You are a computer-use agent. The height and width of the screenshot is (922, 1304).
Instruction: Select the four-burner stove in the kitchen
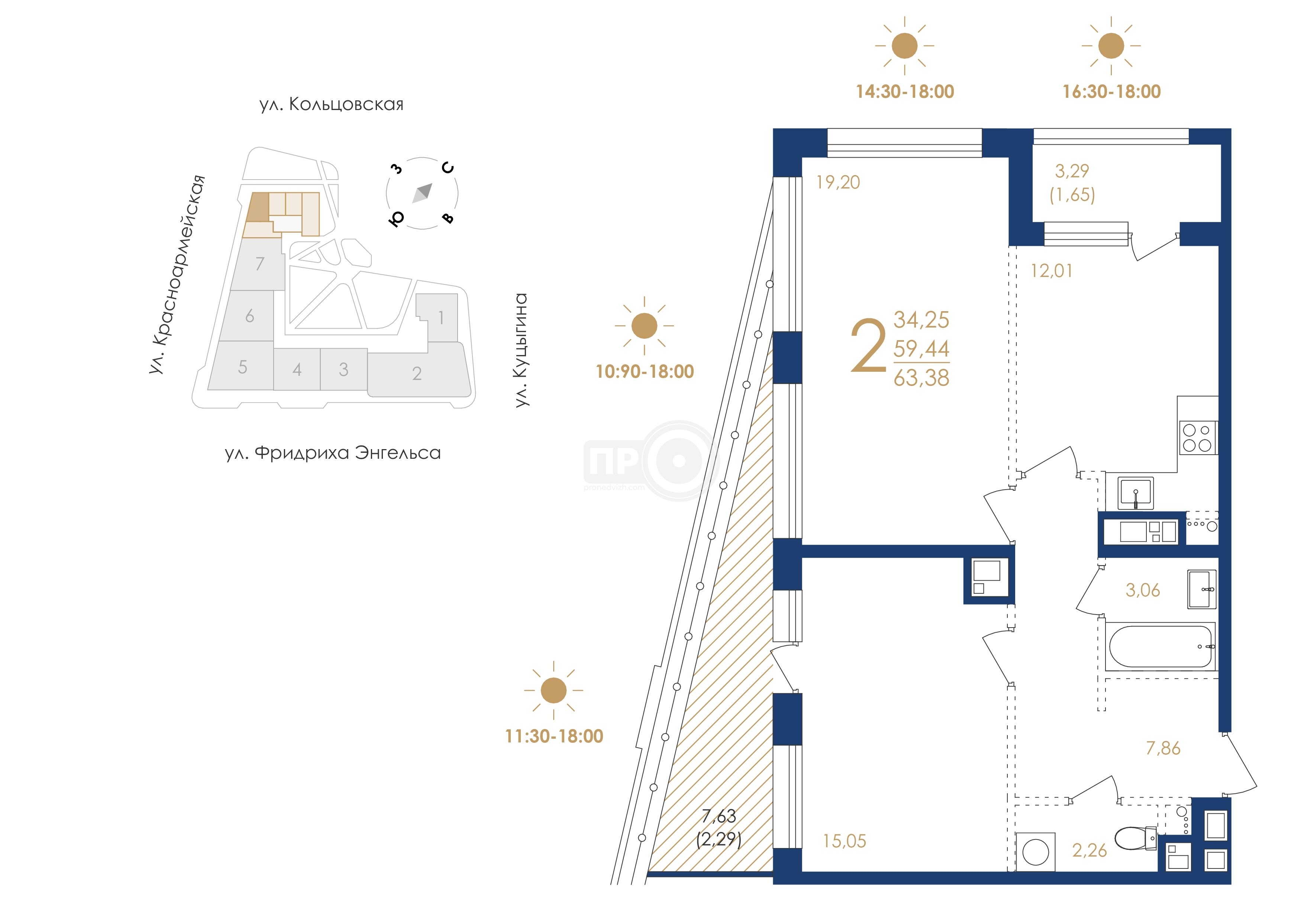[1198, 438]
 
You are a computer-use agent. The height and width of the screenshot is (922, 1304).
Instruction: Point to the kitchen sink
[1135, 493]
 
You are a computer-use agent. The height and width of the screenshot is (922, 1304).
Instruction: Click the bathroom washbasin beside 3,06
[1201, 590]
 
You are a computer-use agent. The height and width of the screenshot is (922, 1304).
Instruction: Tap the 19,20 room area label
[838, 182]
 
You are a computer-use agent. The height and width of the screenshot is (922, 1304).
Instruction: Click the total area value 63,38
[921, 378]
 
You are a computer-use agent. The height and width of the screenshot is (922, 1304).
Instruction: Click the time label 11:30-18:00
[554, 736]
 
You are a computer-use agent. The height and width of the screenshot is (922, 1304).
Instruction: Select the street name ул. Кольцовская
[332, 104]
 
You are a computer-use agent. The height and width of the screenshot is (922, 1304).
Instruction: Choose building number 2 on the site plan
[417, 373]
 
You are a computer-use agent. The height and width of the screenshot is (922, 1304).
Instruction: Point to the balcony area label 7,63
[719, 816]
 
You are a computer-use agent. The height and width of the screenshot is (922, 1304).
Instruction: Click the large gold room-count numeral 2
[868, 345]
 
